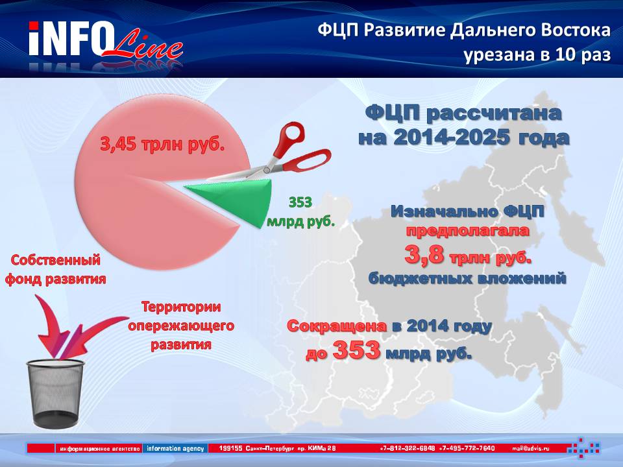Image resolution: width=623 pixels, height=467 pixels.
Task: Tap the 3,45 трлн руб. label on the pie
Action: click(x=162, y=144)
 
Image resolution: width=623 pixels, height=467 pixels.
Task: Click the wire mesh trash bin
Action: click(x=56, y=393)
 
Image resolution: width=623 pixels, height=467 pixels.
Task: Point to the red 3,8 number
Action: click(x=424, y=254)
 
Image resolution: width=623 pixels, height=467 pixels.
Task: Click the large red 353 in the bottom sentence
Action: click(x=356, y=351)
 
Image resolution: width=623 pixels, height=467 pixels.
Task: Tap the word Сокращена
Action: click(x=337, y=326)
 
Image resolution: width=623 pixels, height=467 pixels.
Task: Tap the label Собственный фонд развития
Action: click(x=55, y=270)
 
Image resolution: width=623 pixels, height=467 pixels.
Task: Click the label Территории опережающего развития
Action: click(x=181, y=326)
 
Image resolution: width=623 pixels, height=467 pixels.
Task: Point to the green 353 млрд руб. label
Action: click(x=300, y=211)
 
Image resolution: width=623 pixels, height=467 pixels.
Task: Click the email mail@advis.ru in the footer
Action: click(x=531, y=448)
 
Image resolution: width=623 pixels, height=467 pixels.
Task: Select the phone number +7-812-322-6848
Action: click(x=408, y=448)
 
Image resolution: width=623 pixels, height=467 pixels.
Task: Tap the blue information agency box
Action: click(x=175, y=448)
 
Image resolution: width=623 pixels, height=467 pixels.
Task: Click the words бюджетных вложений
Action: click(x=467, y=278)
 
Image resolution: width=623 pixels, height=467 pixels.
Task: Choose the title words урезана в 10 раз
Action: click(x=537, y=54)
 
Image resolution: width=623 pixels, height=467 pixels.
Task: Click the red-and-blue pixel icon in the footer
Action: click(x=583, y=448)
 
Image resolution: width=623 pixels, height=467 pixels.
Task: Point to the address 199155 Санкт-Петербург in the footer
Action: click(x=257, y=448)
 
